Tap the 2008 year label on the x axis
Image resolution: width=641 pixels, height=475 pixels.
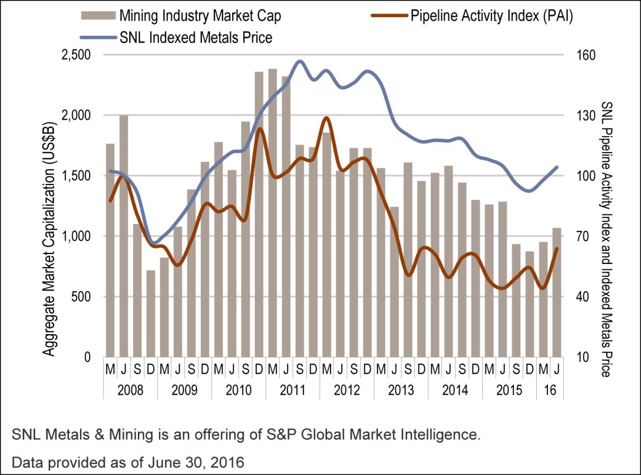[x=130, y=390]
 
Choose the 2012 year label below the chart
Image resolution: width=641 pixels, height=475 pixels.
[x=346, y=390]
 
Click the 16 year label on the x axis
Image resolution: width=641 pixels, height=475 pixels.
[x=550, y=390]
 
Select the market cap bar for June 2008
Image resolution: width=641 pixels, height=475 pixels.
[x=124, y=236]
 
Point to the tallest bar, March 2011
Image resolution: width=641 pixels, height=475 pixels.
[x=272, y=213]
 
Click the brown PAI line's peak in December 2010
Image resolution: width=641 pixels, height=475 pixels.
[x=260, y=128]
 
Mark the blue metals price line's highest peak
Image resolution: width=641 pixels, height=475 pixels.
[x=300, y=61]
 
